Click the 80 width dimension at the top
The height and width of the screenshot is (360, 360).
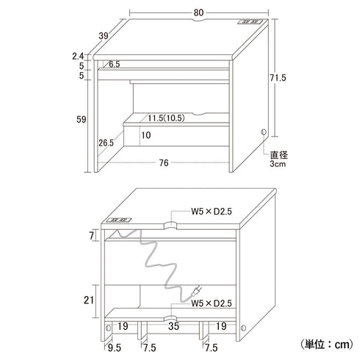[198, 12]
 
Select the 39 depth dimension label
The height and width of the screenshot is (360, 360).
[104, 36]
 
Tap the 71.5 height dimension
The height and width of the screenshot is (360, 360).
[278, 78]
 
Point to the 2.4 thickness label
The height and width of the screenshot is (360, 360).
[78, 57]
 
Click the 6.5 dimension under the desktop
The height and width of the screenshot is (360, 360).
[115, 65]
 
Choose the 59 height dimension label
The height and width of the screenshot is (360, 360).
[82, 120]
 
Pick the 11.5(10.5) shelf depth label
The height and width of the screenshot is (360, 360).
[166, 118]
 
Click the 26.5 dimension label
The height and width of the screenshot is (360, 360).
[107, 143]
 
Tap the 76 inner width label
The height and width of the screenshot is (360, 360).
[164, 163]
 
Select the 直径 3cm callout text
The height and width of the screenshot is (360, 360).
[278, 159]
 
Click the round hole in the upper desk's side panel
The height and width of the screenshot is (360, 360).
[264, 132]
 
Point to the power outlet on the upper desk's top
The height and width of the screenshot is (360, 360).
[250, 22]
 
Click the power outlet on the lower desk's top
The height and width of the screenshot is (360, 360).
[118, 220]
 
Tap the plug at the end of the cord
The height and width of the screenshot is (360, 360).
[196, 291]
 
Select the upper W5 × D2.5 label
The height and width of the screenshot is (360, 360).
[212, 212]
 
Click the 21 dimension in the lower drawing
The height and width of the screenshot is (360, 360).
[89, 300]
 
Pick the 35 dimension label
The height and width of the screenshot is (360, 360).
[173, 326]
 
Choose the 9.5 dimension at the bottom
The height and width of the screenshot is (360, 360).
[115, 348]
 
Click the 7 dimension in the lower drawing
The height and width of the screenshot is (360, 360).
[91, 236]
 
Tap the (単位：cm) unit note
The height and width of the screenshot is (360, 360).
[327, 345]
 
